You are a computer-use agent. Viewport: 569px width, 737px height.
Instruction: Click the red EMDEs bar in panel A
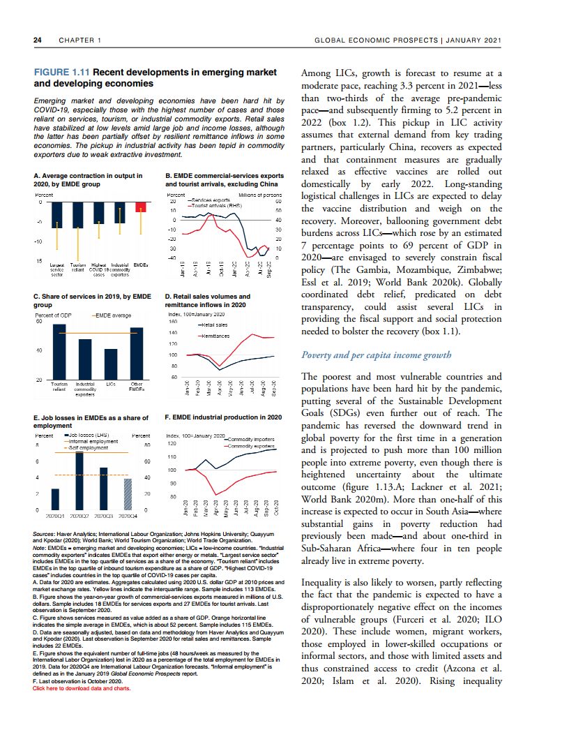141,207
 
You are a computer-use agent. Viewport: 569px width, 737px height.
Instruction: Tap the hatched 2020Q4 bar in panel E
127,494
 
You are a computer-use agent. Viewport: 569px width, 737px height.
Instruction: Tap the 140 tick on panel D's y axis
174,333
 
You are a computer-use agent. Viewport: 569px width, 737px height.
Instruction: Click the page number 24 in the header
38,40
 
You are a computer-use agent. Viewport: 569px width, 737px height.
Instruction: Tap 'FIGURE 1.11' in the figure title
62,72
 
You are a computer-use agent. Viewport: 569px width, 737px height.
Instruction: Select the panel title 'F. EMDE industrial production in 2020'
222,417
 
